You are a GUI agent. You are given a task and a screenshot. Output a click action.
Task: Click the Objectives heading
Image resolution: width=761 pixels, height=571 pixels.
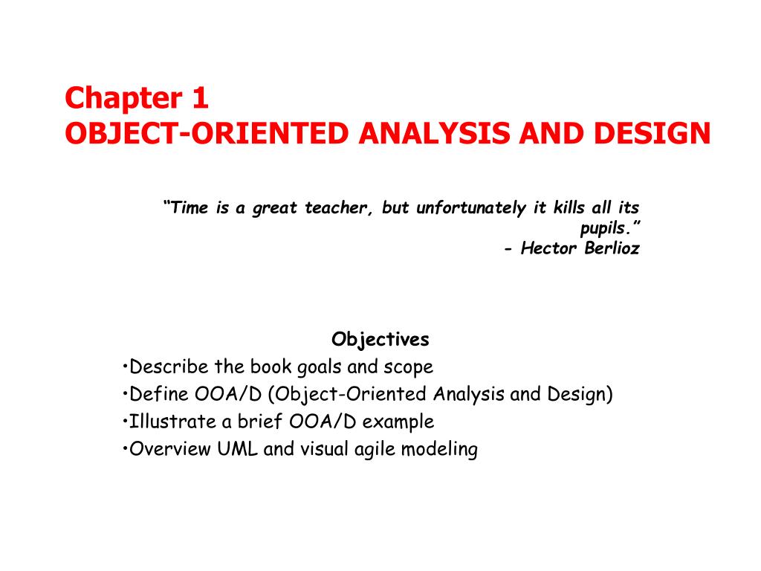(x=380, y=340)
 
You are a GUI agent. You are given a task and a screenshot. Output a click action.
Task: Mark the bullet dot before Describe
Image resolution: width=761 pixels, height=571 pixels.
(x=125, y=367)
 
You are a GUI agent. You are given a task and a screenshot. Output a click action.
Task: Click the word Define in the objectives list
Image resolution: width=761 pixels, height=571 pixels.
(x=154, y=394)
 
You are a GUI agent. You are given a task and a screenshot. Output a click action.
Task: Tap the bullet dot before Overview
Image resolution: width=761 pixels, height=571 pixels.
(x=125, y=449)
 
